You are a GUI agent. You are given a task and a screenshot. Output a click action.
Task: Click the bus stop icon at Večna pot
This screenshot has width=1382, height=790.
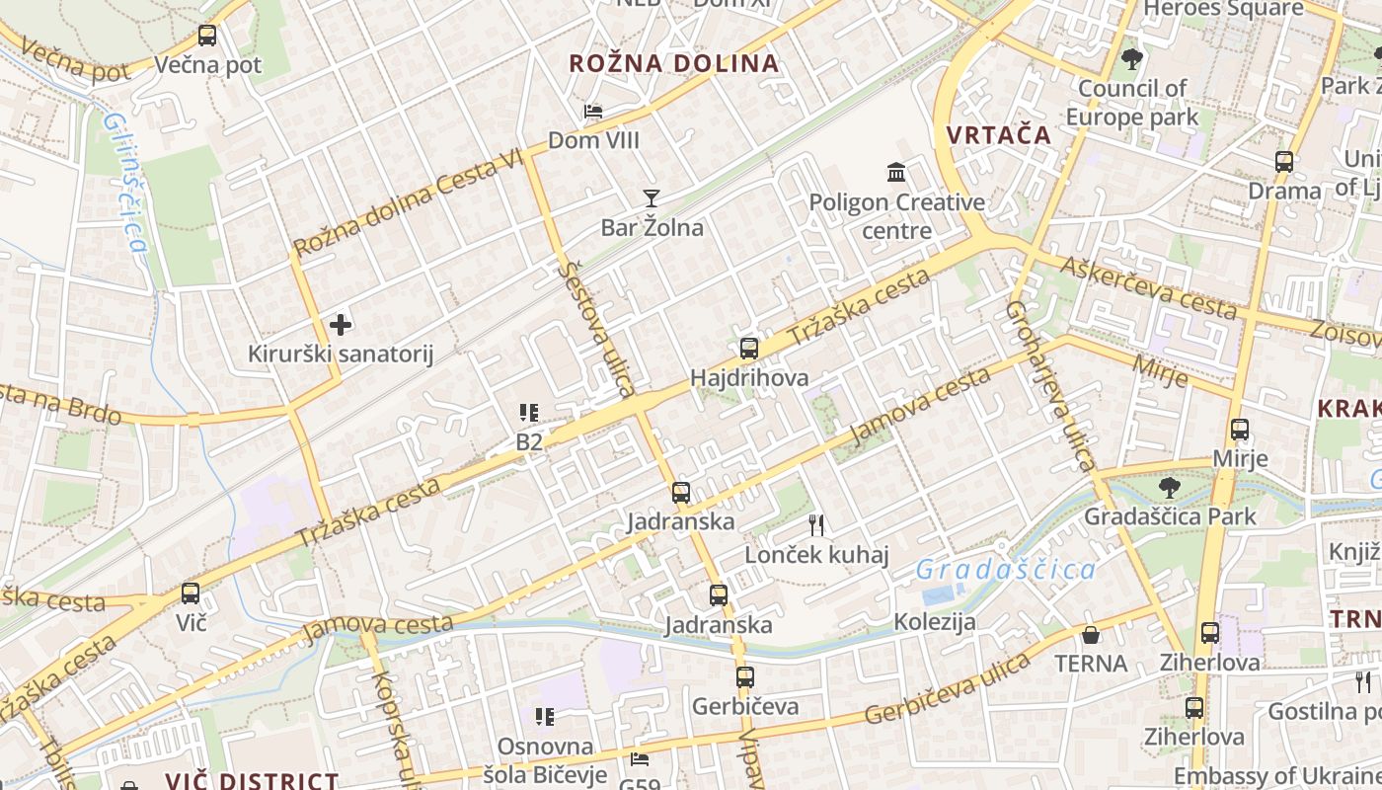[207, 37]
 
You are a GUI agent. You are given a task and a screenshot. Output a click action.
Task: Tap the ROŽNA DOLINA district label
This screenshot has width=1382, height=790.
[674, 64]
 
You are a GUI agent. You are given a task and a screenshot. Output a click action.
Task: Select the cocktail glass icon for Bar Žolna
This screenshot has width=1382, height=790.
[651, 198]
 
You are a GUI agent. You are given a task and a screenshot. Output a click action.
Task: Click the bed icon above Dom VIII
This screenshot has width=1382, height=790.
[593, 112]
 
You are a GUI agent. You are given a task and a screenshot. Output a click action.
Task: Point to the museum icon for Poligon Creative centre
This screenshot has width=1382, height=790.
[896, 173]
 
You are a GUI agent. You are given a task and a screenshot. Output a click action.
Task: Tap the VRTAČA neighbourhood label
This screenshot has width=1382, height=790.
[999, 135]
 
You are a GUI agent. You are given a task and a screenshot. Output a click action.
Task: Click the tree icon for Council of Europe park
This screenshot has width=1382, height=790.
[1132, 59]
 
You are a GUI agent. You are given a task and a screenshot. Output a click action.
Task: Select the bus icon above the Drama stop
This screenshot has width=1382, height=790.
[1284, 162]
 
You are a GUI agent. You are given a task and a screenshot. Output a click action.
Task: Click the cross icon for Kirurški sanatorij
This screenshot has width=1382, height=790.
[341, 324]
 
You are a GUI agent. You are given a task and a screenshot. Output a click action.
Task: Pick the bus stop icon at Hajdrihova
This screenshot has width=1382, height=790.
[749, 349]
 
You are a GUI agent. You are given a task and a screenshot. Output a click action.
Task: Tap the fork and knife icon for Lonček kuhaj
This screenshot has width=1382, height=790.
[816, 525]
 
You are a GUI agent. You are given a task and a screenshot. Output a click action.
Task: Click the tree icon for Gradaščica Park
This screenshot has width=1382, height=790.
[1170, 487]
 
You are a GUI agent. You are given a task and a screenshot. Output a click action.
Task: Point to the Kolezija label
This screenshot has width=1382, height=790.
[935, 622]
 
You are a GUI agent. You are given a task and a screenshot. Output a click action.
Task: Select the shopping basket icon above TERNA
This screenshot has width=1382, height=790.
[1091, 634]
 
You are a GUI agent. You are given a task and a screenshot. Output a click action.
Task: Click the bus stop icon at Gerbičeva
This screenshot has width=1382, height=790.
[745, 677]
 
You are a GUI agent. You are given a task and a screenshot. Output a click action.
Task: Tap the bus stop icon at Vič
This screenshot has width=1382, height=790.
[191, 593]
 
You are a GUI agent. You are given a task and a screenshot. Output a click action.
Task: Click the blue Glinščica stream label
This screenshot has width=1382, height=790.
[125, 182]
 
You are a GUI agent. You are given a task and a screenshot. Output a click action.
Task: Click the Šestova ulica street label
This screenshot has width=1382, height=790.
[596, 328]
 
